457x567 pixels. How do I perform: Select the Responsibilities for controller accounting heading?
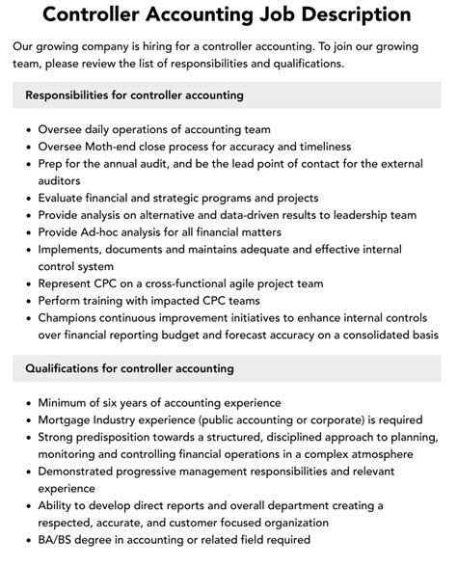point(134,95)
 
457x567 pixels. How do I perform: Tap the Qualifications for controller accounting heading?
point(129,368)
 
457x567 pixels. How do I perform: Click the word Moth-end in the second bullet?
point(119,147)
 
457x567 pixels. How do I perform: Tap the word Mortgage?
point(68,419)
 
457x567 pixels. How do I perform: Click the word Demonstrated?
point(84,472)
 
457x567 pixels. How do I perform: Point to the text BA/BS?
point(59,540)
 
